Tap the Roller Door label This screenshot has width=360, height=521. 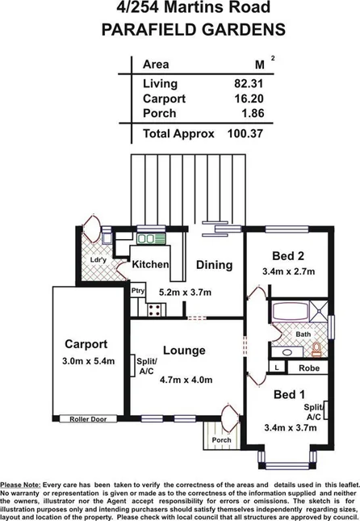(x=84, y=418)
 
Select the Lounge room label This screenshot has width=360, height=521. (x=184, y=351)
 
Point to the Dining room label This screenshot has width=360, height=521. (x=214, y=264)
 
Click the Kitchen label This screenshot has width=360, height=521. (x=151, y=264)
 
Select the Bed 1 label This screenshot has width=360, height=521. (x=289, y=394)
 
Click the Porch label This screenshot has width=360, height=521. (x=221, y=440)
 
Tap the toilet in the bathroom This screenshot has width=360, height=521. (x=316, y=349)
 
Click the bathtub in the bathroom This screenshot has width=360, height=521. (x=295, y=313)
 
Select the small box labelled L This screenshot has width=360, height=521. (x=278, y=368)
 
